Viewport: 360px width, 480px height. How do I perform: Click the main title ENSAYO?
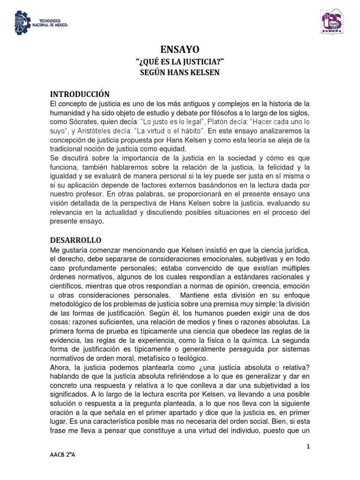click(180, 49)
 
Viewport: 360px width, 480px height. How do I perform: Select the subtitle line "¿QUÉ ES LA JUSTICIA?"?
click(180, 61)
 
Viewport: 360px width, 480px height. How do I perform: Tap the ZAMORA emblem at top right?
click(334, 22)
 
